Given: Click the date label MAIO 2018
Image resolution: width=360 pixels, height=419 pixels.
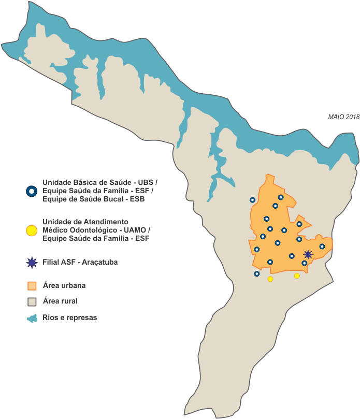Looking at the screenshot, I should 343,117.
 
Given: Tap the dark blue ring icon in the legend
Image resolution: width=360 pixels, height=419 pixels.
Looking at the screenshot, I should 32,191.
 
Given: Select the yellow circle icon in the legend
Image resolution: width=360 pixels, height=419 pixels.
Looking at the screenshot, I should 32,230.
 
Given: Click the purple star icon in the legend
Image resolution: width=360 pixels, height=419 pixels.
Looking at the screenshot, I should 32,263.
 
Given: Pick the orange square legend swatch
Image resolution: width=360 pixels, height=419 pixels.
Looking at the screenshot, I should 32,286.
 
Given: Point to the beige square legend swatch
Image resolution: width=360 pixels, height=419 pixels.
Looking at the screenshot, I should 32,301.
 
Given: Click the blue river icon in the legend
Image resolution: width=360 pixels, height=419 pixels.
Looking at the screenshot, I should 32,319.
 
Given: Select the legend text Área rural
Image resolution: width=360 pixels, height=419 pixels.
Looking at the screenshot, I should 60,301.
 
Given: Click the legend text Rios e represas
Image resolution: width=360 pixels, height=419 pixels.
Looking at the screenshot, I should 69,318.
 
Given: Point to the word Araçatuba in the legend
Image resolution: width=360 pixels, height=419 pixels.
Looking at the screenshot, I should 99,263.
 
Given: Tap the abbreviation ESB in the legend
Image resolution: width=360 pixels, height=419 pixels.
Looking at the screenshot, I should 137,199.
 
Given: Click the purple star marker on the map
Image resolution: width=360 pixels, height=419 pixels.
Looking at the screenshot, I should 308,254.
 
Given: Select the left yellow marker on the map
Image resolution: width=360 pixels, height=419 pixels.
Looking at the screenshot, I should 270,279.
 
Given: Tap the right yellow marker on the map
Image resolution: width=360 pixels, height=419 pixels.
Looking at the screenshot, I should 297,276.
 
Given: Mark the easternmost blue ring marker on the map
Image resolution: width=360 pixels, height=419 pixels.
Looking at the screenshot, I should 322,247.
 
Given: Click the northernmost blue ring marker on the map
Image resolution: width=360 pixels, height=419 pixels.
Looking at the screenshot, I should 281,197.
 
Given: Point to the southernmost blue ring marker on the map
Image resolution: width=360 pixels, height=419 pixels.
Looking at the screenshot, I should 256,273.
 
